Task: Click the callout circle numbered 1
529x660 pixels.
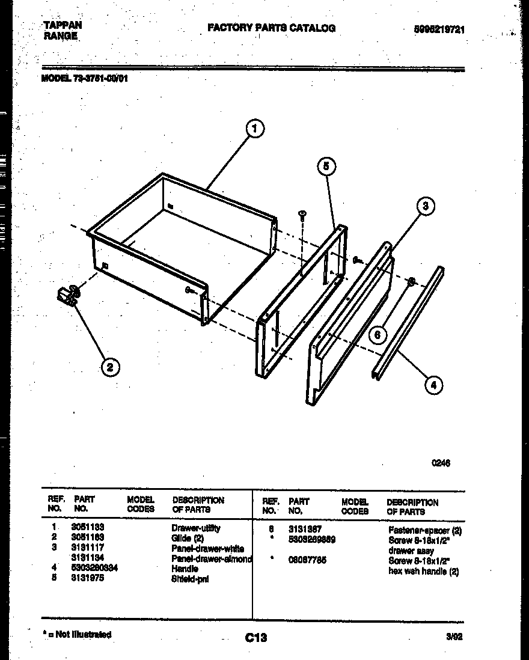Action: tap(255, 129)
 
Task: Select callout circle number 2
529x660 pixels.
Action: tap(109, 366)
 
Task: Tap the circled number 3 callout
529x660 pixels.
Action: tap(425, 206)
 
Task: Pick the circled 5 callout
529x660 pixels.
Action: tap(326, 167)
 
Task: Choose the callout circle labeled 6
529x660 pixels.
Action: tap(378, 335)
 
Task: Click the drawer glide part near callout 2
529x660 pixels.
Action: tap(68, 295)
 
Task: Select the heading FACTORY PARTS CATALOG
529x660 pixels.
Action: tap(271, 28)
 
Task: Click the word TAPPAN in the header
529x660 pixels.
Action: tap(63, 25)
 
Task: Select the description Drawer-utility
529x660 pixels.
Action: tap(196, 528)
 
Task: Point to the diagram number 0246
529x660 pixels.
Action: tap(441, 463)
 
